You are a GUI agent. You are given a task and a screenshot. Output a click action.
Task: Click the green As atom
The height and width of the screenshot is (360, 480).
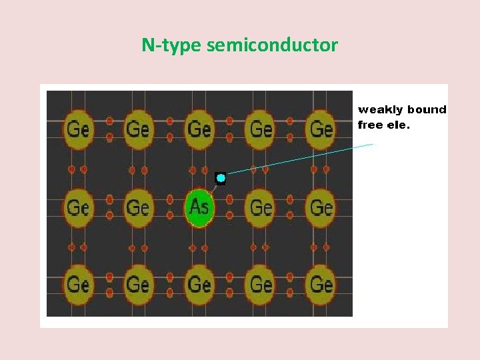pyautogui.click(x=199, y=207)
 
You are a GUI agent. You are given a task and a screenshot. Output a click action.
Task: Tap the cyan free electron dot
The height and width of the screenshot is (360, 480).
pyautogui.click(x=221, y=179)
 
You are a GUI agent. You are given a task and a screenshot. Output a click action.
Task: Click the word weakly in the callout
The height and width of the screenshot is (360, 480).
pyautogui.click(x=381, y=109)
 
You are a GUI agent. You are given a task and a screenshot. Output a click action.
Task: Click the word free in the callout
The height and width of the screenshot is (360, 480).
pyautogui.click(x=371, y=124)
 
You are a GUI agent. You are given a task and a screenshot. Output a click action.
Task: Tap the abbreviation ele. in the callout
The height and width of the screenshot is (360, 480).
pyautogui.click(x=399, y=124)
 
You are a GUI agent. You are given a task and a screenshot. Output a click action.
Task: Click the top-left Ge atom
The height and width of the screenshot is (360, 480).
pyautogui.click(x=78, y=129)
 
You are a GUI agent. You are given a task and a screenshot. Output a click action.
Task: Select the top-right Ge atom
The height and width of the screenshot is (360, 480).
pyautogui.click(x=321, y=129)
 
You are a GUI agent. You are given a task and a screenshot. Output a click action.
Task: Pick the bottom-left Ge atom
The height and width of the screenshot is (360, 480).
pyautogui.click(x=78, y=285)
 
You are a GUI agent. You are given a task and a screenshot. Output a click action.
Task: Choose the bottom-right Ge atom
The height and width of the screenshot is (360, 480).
pyautogui.click(x=321, y=285)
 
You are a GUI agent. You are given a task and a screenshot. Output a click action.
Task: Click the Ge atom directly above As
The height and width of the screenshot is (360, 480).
pyautogui.click(x=199, y=129)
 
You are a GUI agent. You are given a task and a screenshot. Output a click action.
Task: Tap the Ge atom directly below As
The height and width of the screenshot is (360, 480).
pyautogui.click(x=199, y=285)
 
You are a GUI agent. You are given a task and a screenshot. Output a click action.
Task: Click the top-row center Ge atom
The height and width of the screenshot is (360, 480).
pyautogui.click(x=199, y=129)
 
